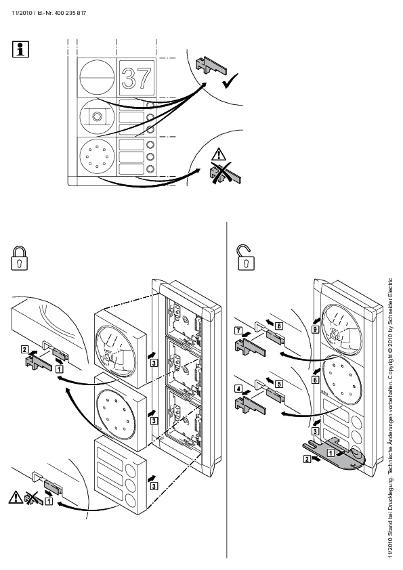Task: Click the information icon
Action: pyautogui.click(x=20, y=49)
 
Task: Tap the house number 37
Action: pyautogui.click(x=136, y=78)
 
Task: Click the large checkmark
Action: pyautogui.click(x=230, y=81)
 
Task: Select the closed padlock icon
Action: pyautogui.click(x=20, y=258)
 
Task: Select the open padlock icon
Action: pyautogui.click(x=246, y=258)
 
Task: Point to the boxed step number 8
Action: pyautogui.click(x=279, y=326)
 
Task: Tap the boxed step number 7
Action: pyautogui.click(x=238, y=330)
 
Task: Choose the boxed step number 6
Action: pyautogui.click(x=316, y=380)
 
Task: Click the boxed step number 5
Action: pyautogui.click(x=279, y=384)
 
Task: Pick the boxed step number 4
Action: pyautogui.click(x=238, y=389)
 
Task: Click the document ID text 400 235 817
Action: pyautogui.click(x=70, y=13)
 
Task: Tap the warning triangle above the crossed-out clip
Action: pyautogui.click(x=219, y=154)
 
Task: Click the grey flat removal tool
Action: pyautogui.click(x=333, y=454)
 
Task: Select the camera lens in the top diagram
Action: pyautogui.click(x=96, y=116)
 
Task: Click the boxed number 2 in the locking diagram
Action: pyautogui.click(x=24, y=350)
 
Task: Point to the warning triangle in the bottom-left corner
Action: pyautogui.click(x=16, y=497)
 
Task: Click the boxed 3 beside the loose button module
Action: pyautogui.click(x=154, y=485)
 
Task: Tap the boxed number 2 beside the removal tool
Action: pyautogui.click(x=307, y=459)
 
